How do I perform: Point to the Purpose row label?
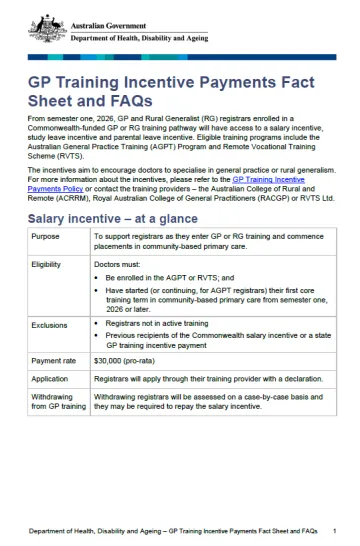(x=46, y=266)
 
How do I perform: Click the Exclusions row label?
(x=50, y=353)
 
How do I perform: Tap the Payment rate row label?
(x=53, y=387)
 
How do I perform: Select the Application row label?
(x=51, y=407)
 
